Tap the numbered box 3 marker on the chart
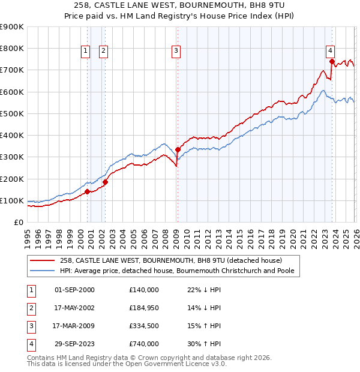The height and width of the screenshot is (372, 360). click(176, 52)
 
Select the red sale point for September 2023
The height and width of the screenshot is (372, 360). click(332, 61)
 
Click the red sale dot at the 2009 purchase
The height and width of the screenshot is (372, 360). click(178, 149)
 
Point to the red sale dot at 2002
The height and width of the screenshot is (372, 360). click(105, 182)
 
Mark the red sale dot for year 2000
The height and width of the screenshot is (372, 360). click(88, 191)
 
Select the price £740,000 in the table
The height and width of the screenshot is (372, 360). click(143, 344)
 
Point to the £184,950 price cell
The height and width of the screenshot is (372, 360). click(143, 308)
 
